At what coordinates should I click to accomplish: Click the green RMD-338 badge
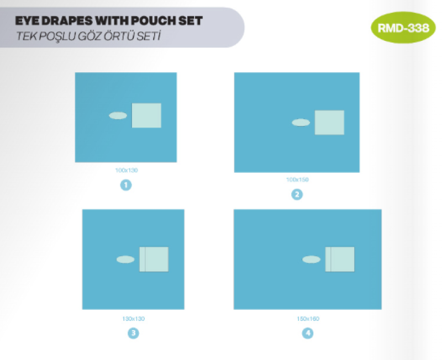click(x=403, y=28)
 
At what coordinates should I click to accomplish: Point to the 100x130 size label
click(x=127, y=170)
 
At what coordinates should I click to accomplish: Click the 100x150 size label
click(x=297, y=179)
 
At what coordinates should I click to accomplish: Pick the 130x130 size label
click(x=133, y=319)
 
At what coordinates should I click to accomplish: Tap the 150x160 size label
click(x=308, y=319)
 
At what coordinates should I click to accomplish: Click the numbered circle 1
click(x=126, y=185)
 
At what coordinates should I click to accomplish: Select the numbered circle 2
click(x=297, y=194)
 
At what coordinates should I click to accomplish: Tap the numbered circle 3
click(x=133, y=333)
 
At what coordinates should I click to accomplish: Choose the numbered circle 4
click(x=308, y=333)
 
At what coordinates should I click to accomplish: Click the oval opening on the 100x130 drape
click(x=118, y=115)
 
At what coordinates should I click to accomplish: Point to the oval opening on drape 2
click(x=301, y=123)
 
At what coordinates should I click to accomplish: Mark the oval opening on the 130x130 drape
click(x=125, y=260)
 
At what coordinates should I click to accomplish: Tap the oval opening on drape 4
click(x=311, y=260)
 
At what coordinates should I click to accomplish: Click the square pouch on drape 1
click(x=146, y=115)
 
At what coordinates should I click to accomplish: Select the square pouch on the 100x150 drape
click(x=329, y=123)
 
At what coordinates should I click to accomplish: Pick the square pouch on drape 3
click(x=154, y=259)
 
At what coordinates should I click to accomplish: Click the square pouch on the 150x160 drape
click(x=340, y=259)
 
